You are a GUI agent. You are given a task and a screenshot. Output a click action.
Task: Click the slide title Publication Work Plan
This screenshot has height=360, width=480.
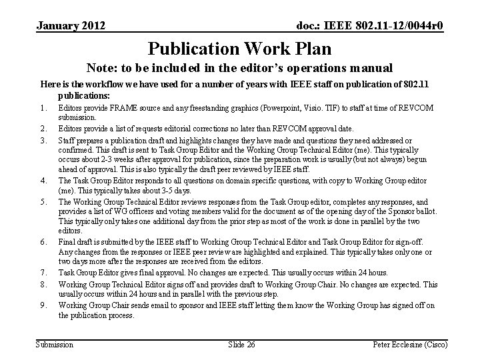tap(239, 49)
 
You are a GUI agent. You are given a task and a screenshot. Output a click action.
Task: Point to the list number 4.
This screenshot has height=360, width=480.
tap(43, 180)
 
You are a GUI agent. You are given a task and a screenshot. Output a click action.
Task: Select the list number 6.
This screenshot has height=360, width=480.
tap(43, 241)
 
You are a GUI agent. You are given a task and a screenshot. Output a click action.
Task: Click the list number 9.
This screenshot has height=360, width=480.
tap(43, 305)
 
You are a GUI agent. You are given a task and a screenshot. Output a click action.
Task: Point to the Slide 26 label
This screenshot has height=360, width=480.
tap(241, 344)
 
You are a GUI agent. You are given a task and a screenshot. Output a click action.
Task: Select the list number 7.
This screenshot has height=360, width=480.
tap(43, 273)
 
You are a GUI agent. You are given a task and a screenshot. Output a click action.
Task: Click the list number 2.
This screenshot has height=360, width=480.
tap(43, 128)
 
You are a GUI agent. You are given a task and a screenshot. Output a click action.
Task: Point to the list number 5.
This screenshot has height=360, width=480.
tap(43, 202)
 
